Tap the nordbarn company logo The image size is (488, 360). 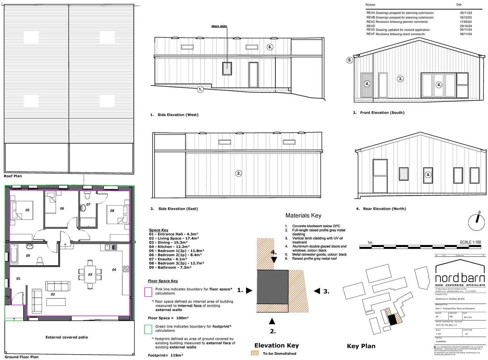(460, 274)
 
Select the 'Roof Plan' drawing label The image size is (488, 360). (13, 176)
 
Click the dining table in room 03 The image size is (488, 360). (90, 274)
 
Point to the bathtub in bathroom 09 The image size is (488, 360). (14, 254)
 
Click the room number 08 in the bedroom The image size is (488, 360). (112, 211)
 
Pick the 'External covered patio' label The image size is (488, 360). (67, 337)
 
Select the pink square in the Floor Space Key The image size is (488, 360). (148, 292)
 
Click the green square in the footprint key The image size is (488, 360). (148, 329)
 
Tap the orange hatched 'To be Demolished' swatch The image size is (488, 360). (255, 353)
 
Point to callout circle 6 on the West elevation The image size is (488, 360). (270, 47)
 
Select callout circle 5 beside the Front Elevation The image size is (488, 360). (350, 60)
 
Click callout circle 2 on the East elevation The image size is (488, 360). (239, 174)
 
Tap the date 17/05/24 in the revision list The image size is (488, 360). (466, 22)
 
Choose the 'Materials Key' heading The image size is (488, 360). (303, 216)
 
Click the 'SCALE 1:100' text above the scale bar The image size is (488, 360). (470, 242)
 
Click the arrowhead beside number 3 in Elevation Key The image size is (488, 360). (317, 291)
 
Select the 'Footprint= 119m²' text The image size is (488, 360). (165, 355)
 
